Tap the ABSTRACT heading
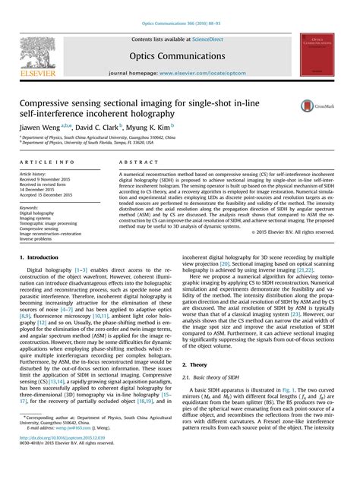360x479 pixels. click(137, 162)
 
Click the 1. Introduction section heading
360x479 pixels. click(42, 259)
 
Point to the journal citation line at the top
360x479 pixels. click(180, 25)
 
